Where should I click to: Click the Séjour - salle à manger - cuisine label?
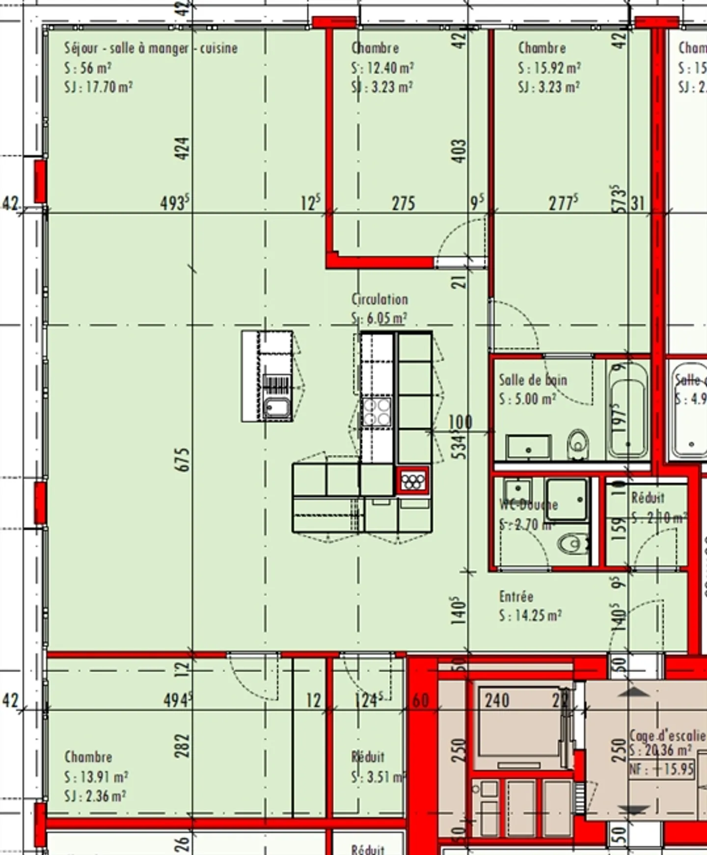tap(151, 48)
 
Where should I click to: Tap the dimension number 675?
tap(182, 460)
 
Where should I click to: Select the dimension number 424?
tap(182, 148)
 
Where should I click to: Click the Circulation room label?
tap(380, 299)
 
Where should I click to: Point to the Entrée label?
tap(516, 596)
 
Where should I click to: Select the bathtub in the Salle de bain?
tap(627, 410)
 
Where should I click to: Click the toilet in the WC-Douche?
tap(572, 543)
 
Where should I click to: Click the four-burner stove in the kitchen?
tap(377, 411)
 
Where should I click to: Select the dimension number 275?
tap(403, 203)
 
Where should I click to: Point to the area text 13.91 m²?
tap(96, 777)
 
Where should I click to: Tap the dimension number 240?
tap(497, 700)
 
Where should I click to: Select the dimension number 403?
tap(459, 151)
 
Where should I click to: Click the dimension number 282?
tap(182, 746)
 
